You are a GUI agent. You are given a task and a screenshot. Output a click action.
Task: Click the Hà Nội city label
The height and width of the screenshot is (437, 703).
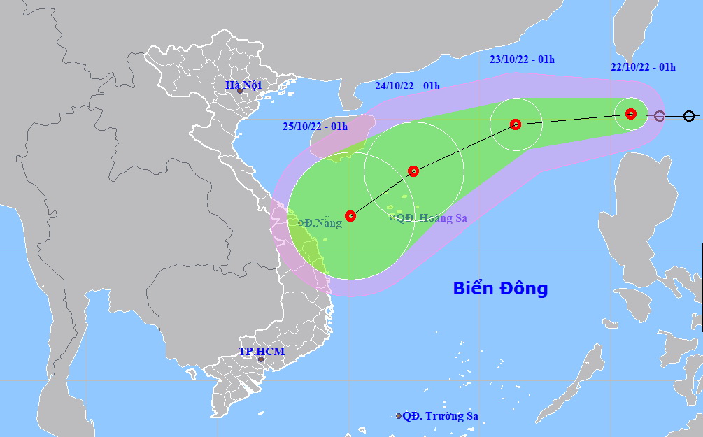click(x=242, y=85)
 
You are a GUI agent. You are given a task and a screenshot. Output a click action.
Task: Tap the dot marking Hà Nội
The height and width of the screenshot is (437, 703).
click(x=240, y=91)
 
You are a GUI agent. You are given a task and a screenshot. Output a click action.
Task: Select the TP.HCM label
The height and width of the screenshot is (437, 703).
click(x=261, y=351)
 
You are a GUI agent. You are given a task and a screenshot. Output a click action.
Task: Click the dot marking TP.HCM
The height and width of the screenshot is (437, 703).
click(x=261, y=360)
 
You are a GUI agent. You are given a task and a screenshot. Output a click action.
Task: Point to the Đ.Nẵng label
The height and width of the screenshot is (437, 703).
click(x=322, y=223)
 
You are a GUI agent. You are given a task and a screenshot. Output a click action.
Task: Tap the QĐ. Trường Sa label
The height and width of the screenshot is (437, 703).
click(x=440, y=415)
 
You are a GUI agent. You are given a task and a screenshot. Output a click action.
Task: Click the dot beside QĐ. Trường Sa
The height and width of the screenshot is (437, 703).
click(x=399, y=416)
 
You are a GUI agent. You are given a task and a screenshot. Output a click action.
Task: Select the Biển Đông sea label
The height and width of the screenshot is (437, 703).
click(x=500, y=288)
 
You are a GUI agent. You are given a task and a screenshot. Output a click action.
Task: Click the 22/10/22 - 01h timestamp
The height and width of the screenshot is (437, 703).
click(x=643, y=67)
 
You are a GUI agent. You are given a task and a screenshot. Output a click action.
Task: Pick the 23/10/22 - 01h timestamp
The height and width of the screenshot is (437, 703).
click(x=522, y=59)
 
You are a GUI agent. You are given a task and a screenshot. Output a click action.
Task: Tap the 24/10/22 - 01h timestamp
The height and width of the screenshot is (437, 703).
click(x=407, y=86)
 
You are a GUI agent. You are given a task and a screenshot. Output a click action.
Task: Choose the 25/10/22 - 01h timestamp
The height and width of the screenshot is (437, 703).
click(x=315, y=126)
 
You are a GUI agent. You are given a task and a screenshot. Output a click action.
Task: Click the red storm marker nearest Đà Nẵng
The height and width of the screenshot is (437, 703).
click(x=350, y=216)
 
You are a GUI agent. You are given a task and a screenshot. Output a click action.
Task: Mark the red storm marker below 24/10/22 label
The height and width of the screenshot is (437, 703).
click(x=413, y=171)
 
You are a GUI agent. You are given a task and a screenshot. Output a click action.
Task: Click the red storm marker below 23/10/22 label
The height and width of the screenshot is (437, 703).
click(x=516, y=124)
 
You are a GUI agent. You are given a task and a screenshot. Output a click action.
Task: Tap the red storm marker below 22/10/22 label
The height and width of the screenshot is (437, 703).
click(x=631, y=114)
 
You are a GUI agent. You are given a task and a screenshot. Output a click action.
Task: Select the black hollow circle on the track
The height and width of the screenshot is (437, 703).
click(x=689, y=116)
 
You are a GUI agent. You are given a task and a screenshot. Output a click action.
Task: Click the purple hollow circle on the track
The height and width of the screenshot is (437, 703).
click(x=659, y=116)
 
